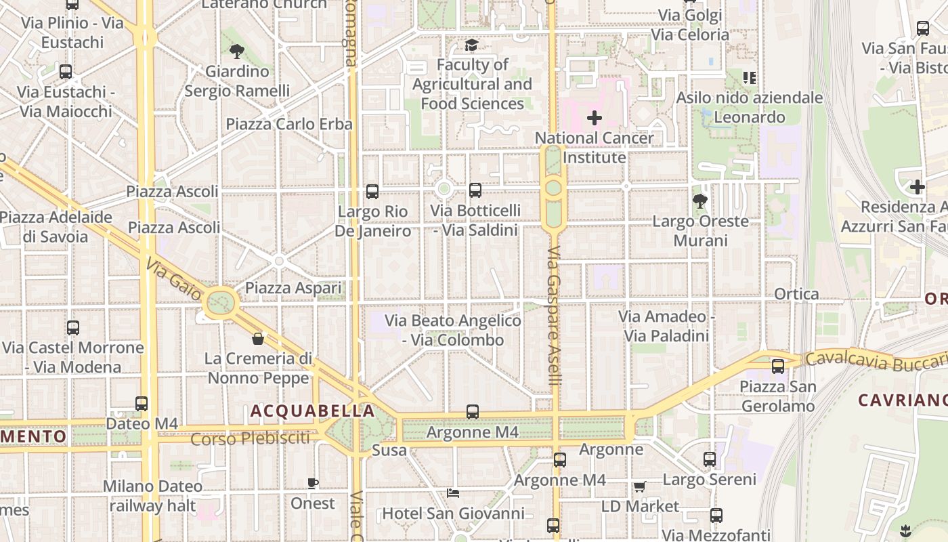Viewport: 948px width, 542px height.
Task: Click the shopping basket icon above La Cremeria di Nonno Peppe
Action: (257, 338)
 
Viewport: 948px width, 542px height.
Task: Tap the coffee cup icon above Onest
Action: (312, 483)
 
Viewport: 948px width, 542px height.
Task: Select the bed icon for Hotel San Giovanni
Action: (453, 493)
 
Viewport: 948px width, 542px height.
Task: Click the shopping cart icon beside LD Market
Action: (639, 486)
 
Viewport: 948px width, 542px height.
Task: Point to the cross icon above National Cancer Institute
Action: (594, 118)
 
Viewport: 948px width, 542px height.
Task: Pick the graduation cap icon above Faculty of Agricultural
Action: (471, 45)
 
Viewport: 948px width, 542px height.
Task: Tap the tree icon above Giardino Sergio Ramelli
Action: (237, 51)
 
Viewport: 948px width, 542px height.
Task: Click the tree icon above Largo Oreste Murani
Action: (700, 201)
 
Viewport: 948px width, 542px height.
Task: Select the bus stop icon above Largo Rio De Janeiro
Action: (372, 192)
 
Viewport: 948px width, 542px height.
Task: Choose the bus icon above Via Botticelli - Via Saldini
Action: (475, 190)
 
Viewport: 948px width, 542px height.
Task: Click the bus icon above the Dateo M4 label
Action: (142, 404)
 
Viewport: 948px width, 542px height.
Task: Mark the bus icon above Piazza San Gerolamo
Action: (778, 367)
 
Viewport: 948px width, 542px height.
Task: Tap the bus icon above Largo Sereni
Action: (709, 459)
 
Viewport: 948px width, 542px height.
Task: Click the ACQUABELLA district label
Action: (312, 411)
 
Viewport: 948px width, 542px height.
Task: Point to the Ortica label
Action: (796, 294)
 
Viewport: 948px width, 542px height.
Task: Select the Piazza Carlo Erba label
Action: (289, 124)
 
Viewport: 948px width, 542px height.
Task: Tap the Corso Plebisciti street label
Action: (250, 438)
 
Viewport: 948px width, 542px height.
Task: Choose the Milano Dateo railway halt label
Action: (152, 496)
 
